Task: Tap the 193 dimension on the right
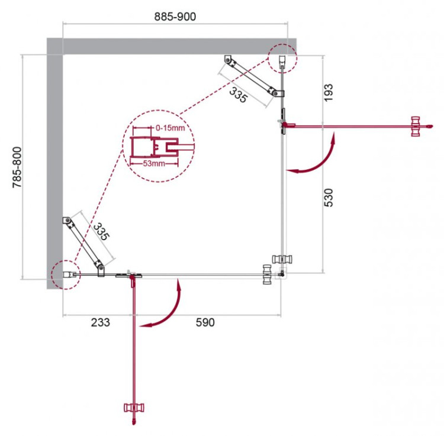tap(329, 92)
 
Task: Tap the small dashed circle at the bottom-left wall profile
tap(65, 275)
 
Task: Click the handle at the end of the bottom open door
tap(134, 408)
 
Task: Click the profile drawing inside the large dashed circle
tap(155, 146)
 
